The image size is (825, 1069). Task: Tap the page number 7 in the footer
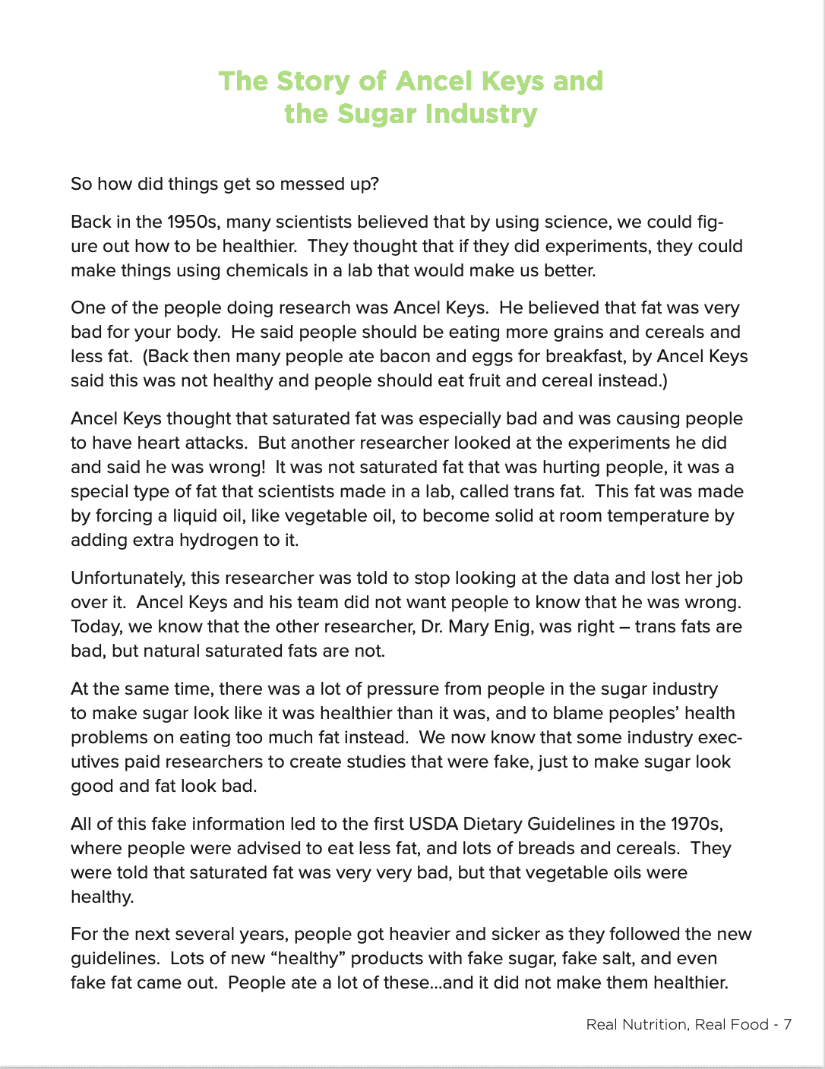pyautogui.click(x=788, y=1024)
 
